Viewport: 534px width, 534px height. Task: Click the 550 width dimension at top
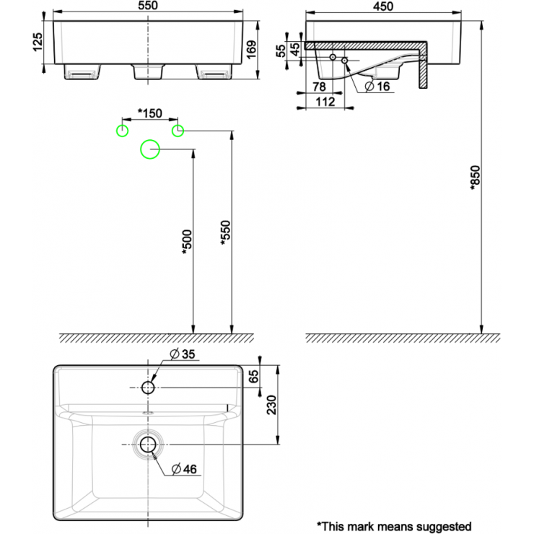pos(148,6)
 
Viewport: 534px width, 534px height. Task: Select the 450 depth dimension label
pos(383,6)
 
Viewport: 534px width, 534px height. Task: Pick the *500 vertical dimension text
pos(186,242)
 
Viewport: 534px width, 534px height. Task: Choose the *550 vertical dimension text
pos(224,232)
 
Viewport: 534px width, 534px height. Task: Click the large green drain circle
pos(150,149)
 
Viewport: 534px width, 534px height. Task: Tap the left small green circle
pos(123,130)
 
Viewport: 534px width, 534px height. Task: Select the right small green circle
pos(178,130)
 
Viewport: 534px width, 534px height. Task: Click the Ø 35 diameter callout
pos(183,354)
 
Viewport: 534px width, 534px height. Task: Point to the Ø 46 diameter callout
pos(185,469)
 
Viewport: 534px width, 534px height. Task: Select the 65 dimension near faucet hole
pos(253,377)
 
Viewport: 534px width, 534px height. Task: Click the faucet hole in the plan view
pos(148,388)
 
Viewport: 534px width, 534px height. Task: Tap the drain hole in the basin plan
pos(148,444)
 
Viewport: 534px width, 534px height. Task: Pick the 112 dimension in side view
pos(325,102)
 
